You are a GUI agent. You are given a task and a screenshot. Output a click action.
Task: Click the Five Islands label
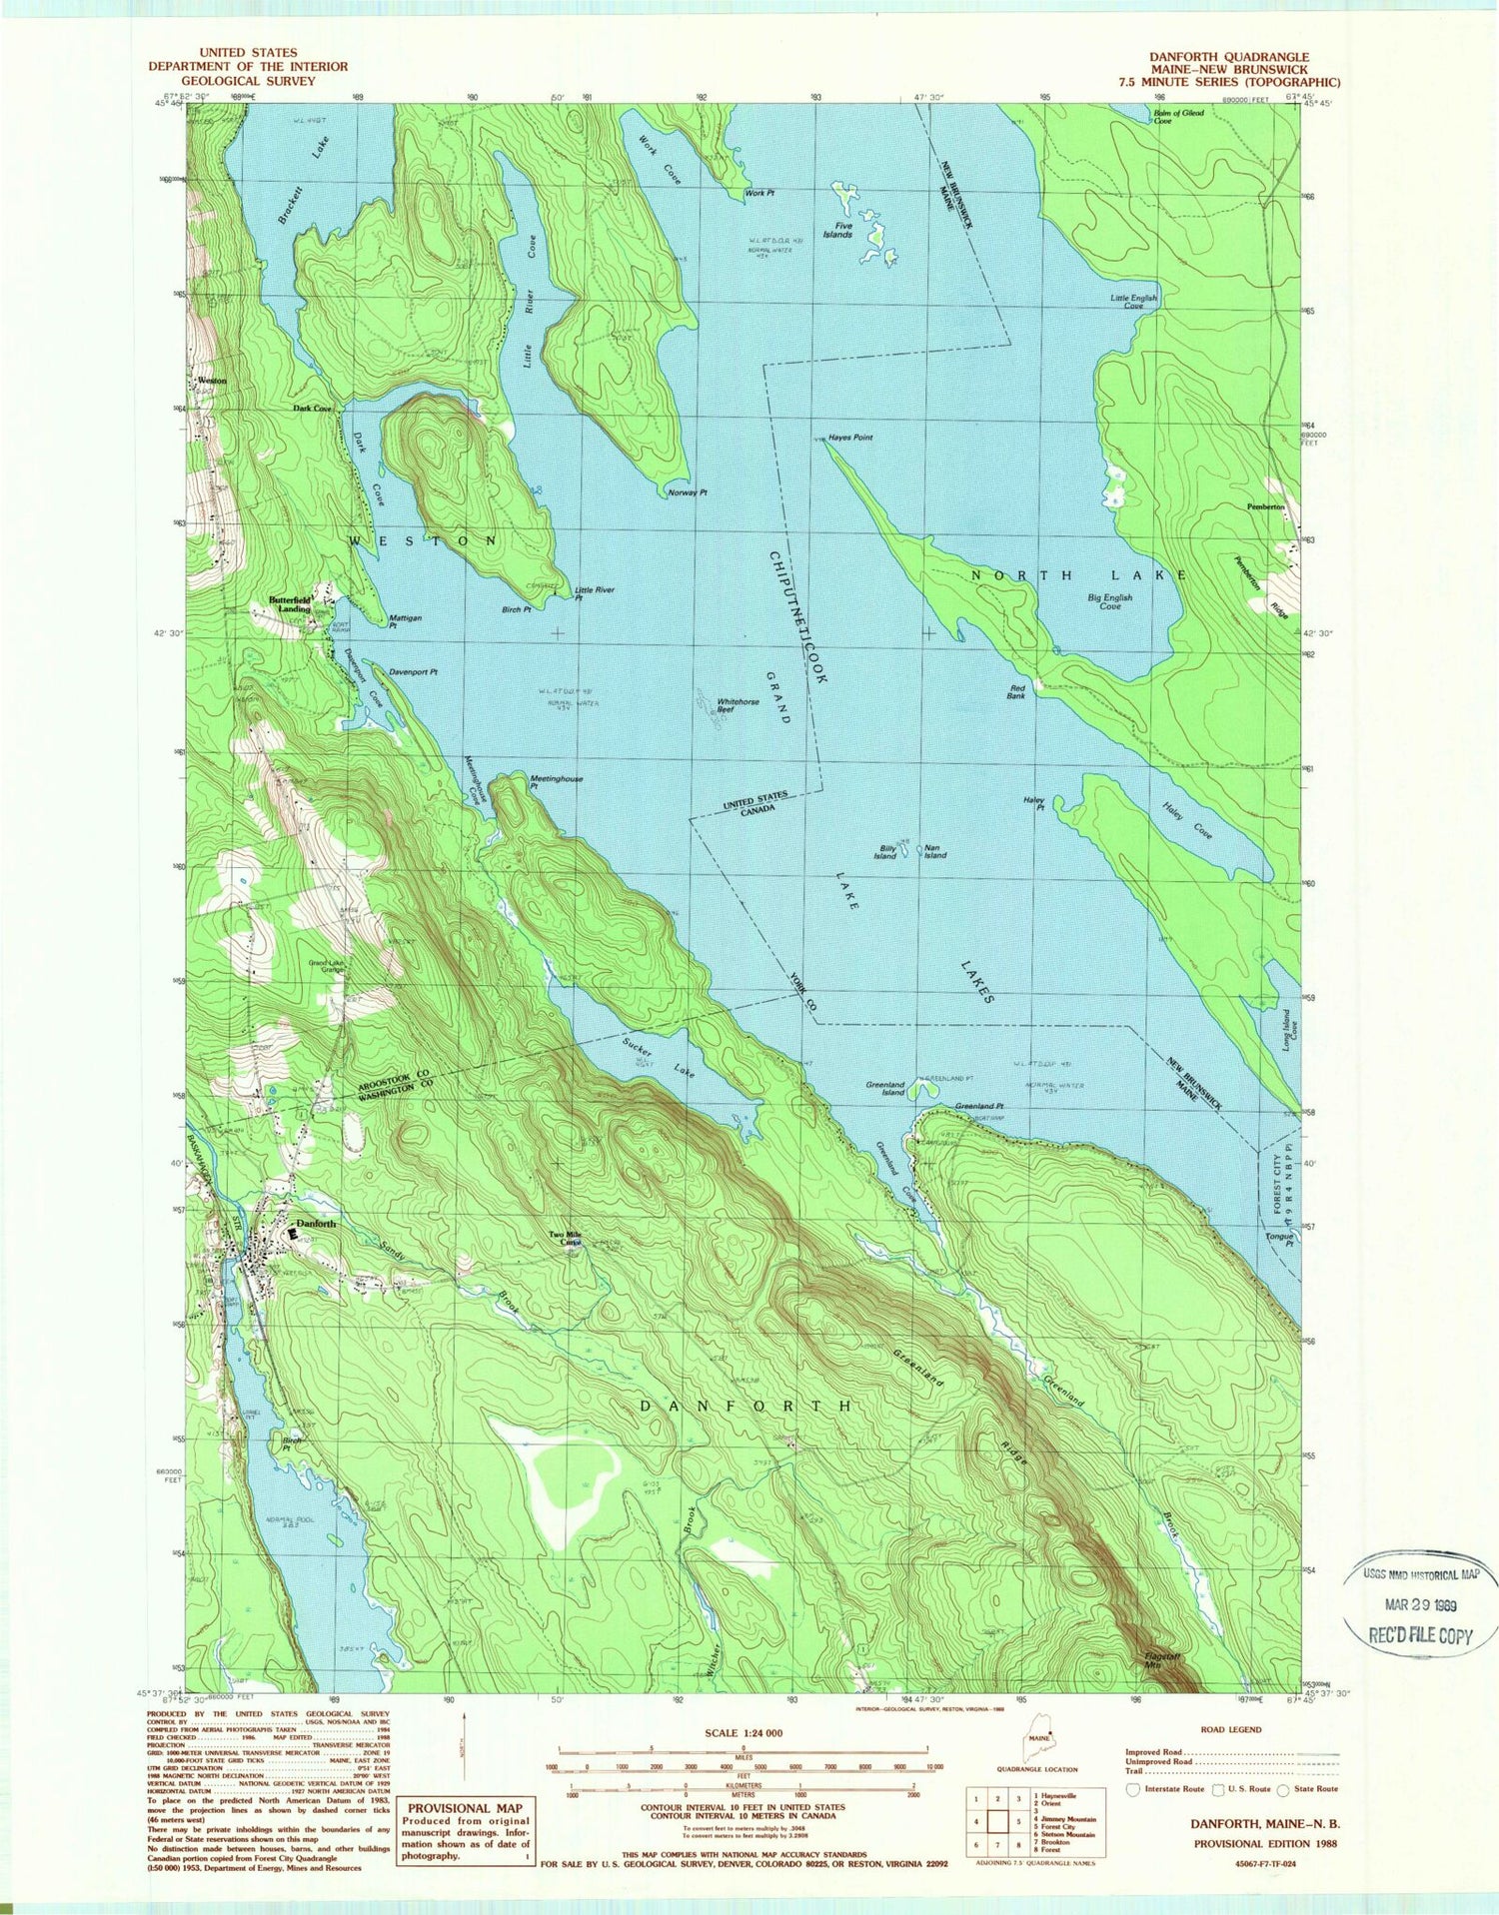coord(836,231)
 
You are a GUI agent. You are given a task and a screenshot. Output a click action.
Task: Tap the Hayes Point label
coord(850,438)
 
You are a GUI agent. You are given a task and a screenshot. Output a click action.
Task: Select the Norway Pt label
coord(688,492)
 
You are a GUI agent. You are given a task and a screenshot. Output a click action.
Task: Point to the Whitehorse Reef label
coord(739,705)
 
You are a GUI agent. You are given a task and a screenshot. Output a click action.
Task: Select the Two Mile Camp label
coord(566,1239)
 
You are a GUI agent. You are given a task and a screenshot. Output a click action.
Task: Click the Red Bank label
coord(1016,691)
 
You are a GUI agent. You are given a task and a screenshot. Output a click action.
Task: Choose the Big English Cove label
coord(1109,601)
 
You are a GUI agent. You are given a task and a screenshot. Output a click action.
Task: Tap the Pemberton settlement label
coord(1265,506)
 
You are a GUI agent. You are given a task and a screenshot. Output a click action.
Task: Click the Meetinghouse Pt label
coord(557,781)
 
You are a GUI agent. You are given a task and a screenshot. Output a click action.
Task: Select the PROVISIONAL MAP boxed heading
coord(463,1807)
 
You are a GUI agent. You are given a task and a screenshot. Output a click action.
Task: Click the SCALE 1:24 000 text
coord(745,1733)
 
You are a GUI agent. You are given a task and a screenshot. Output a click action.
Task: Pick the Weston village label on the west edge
coord(212,381)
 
